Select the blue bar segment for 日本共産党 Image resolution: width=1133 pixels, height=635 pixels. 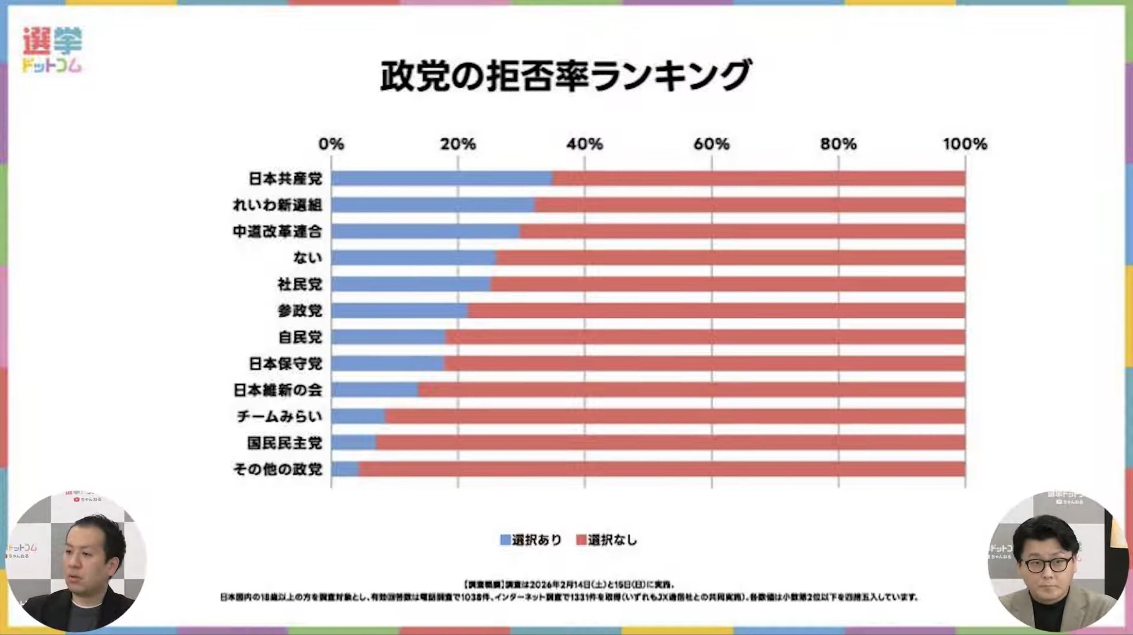pyautogui.click(x=442, y=178)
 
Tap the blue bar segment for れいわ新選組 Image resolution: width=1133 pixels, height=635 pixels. pyautogui.click(x=433, y=205)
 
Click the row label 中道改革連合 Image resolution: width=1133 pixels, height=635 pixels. pyautogui.click(x=277, y=232)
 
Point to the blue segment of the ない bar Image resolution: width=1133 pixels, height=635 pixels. pyautogui.click(x=413, y=258)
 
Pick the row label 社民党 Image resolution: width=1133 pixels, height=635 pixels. pyautogui.click(x=300, y=285)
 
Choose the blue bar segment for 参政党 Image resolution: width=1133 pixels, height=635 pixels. pyautogui.click(x=400, y=311)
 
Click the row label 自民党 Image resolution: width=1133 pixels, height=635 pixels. pyautogui.click(x=300, y=337)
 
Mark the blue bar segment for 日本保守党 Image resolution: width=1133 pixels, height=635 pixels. pyautogui.click(x=387, y=364)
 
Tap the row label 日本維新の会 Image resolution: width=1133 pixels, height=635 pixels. pyautogui.click(x=277, y=390)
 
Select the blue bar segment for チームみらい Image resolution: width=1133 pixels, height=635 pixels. pyautogui.click(x=358, y=416)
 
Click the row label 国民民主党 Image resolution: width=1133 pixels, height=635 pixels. pyautogui.click(x=284, y=443)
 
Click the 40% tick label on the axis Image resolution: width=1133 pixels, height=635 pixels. pyautogui.click(x=584, y=144)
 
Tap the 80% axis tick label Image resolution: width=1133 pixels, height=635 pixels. pyautogui.click(x=838, y=144)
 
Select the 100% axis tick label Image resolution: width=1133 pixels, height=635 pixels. pyautogui.click(x=965, y=144)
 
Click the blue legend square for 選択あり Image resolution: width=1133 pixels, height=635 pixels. pyautogui.click(x=506, y=540)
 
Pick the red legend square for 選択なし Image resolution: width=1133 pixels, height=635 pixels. pyautogui.click(x=581, y=540)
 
